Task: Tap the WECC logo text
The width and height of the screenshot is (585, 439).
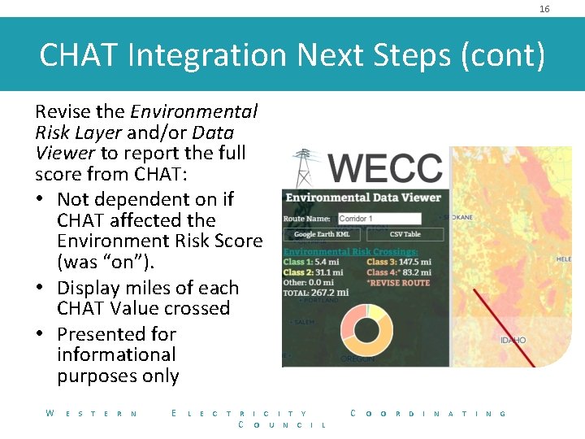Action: click(x=386, y=169)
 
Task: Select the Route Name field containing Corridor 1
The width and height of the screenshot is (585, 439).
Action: click(x=379, y=219)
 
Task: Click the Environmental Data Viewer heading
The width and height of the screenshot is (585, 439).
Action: click(x=363, y=198)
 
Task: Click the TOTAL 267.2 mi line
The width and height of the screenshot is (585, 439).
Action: click(x=316, y=292)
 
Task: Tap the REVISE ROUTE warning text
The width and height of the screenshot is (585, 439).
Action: click(x=401, y=282)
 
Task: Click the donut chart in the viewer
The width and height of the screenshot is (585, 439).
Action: click(x=366, y=325)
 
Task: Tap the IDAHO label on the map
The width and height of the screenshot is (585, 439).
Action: click(x=513, y=340)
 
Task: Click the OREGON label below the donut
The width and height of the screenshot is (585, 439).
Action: click(x=357, y=359)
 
